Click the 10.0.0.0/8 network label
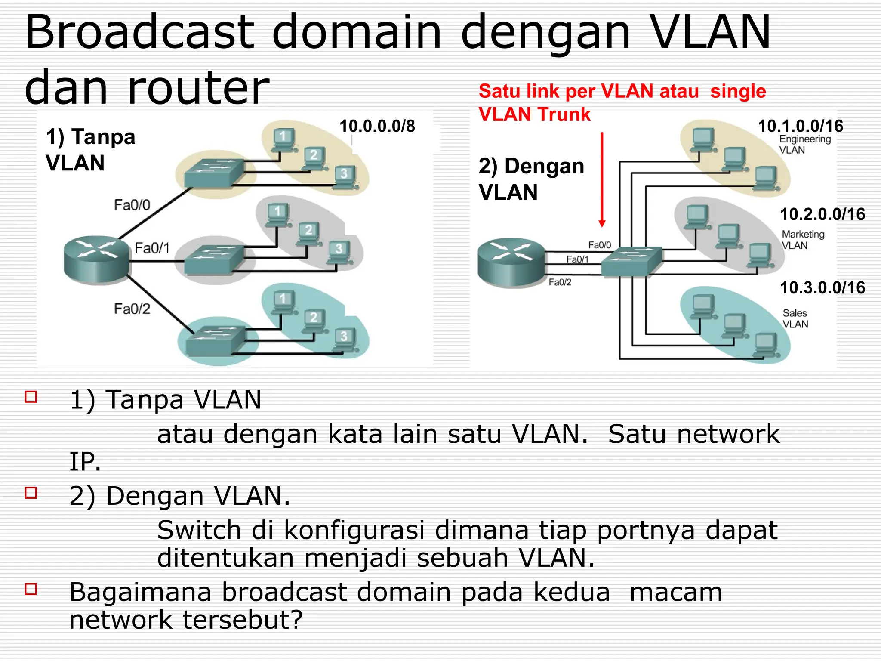pyautogui.click(x=377, y=126)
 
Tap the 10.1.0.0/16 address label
pyautogui.click(x=800, y=126)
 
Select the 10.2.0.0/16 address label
pyautogui.click(x=822, y=214)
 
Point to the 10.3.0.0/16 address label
pyautogui.click(x=822, y=287)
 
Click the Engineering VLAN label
pyautogui.click(x=804, y=145)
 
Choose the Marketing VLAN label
pyautogui.click(x=803, y=240)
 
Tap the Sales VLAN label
pyautogui.click(x=795, y=318)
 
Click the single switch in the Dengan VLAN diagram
pyautogui.click(x=631, y=262)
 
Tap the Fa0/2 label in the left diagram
pyautogui.click(x=132, y=309)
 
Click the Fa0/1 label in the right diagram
pyautogui.click(x=577, y=259)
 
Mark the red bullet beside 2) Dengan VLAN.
pyautogui.click(x=31, y=492)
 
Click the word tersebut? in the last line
pyautogui.click(x=243, y=620)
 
